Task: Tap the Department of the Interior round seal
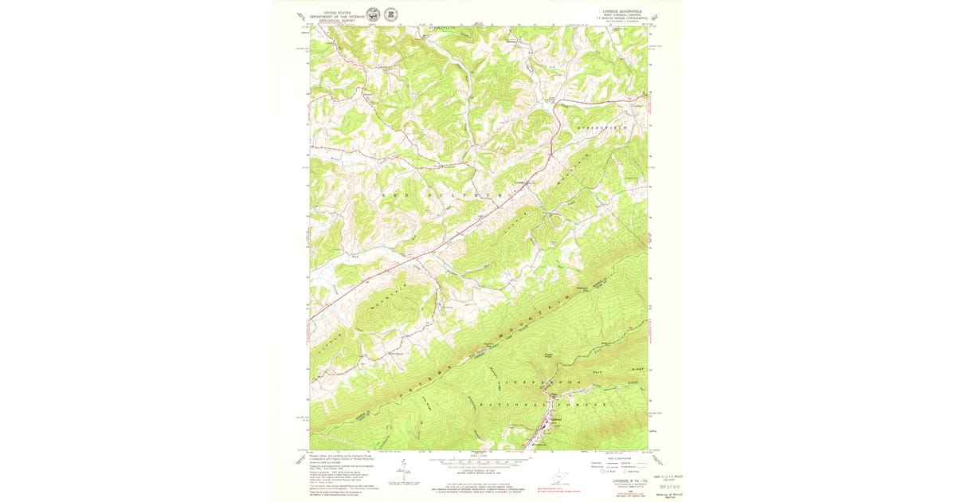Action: [x=373, y=14]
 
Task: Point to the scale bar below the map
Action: [x=477, y=462]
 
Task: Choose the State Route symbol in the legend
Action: [x=627, y=472]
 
